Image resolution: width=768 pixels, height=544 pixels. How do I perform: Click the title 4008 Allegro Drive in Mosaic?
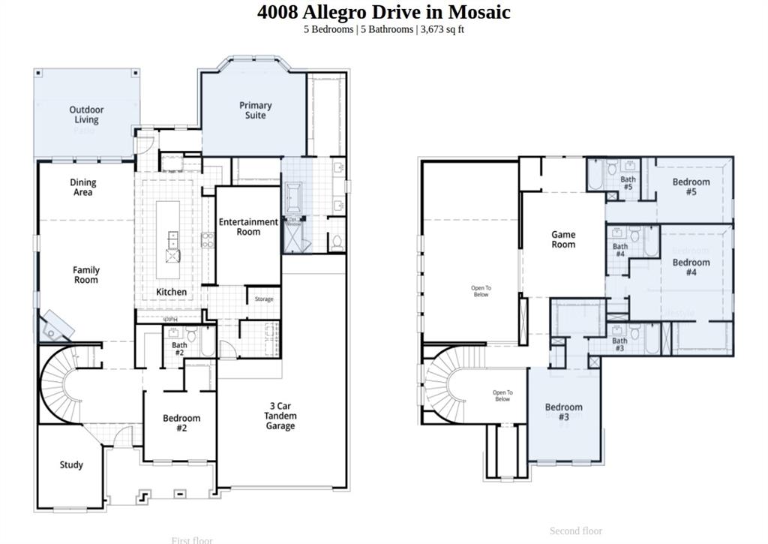click(383, 12)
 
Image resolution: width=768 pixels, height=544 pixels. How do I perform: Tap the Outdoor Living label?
click(86, 115)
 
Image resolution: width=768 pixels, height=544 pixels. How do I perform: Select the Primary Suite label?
click(255, 110)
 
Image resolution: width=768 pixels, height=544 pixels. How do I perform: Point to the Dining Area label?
click(83, 188)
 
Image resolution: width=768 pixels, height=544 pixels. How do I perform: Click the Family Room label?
click(86, 275)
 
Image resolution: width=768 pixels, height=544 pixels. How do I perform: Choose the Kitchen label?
click(172, 292)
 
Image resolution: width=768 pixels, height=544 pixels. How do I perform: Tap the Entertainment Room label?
click(248, 227)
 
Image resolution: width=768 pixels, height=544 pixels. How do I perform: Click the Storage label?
click(264, 299)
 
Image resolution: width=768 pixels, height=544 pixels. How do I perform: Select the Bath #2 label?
click(179, 349)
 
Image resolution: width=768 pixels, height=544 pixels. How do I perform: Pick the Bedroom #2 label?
click(181, 423)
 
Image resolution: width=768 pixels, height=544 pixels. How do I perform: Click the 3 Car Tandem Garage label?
click(280, 416)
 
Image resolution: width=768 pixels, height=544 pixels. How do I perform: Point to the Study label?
click(71, 465)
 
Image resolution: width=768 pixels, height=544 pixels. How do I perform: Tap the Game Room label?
click(563, 239)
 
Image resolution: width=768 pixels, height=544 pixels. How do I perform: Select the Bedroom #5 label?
click(691, 187)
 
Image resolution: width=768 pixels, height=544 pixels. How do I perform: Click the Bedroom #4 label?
click(691, 267)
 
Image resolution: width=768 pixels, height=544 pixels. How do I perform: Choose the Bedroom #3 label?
click(563, 412)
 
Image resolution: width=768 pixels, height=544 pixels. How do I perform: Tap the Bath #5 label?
click(628, 182)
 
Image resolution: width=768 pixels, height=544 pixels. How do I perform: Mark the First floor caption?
click(192, 539)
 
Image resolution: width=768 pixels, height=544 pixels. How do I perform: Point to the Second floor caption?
click(576, 531)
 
